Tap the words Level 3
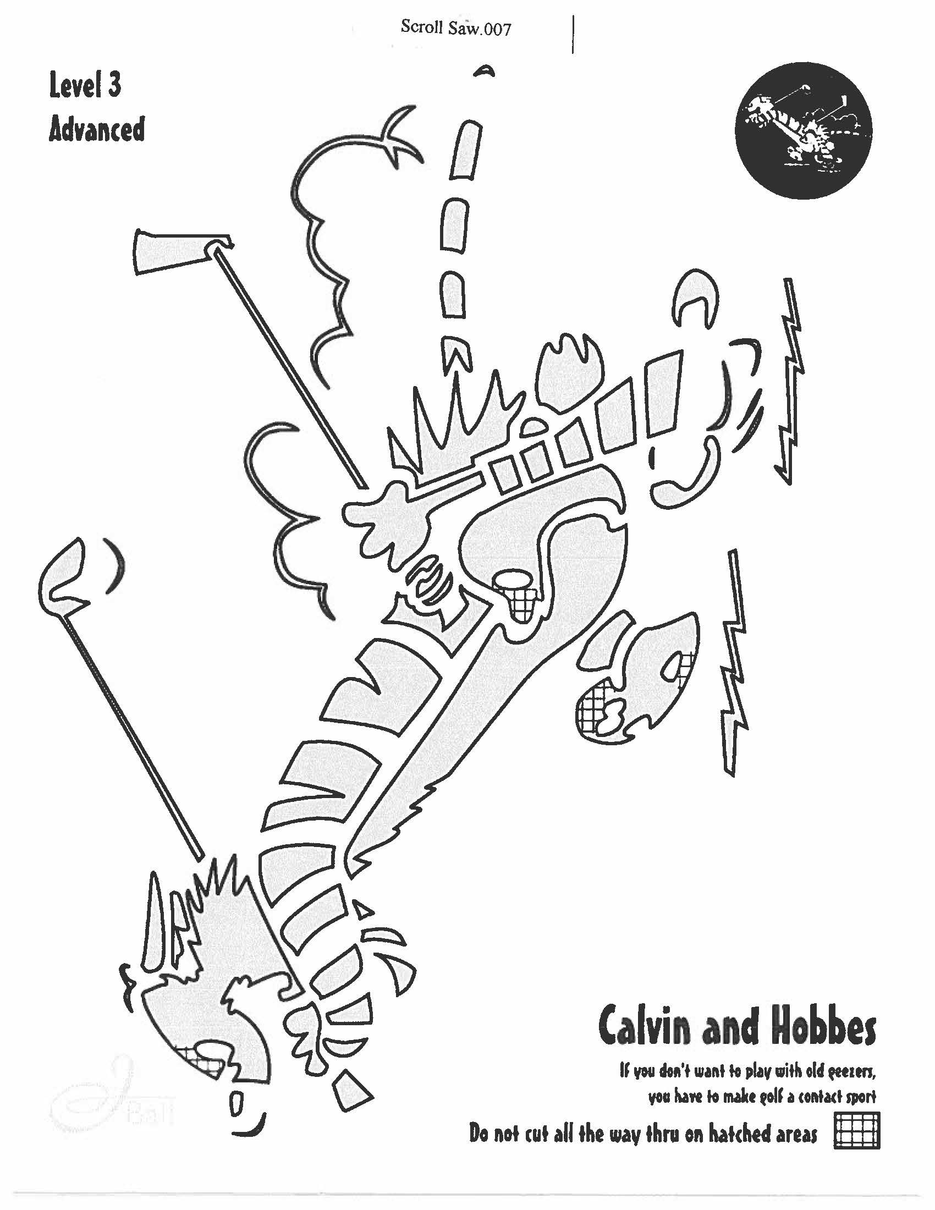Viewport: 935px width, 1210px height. point(85,87)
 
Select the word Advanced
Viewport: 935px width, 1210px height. point(96,130)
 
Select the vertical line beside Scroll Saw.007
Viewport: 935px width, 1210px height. point(572,34)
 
